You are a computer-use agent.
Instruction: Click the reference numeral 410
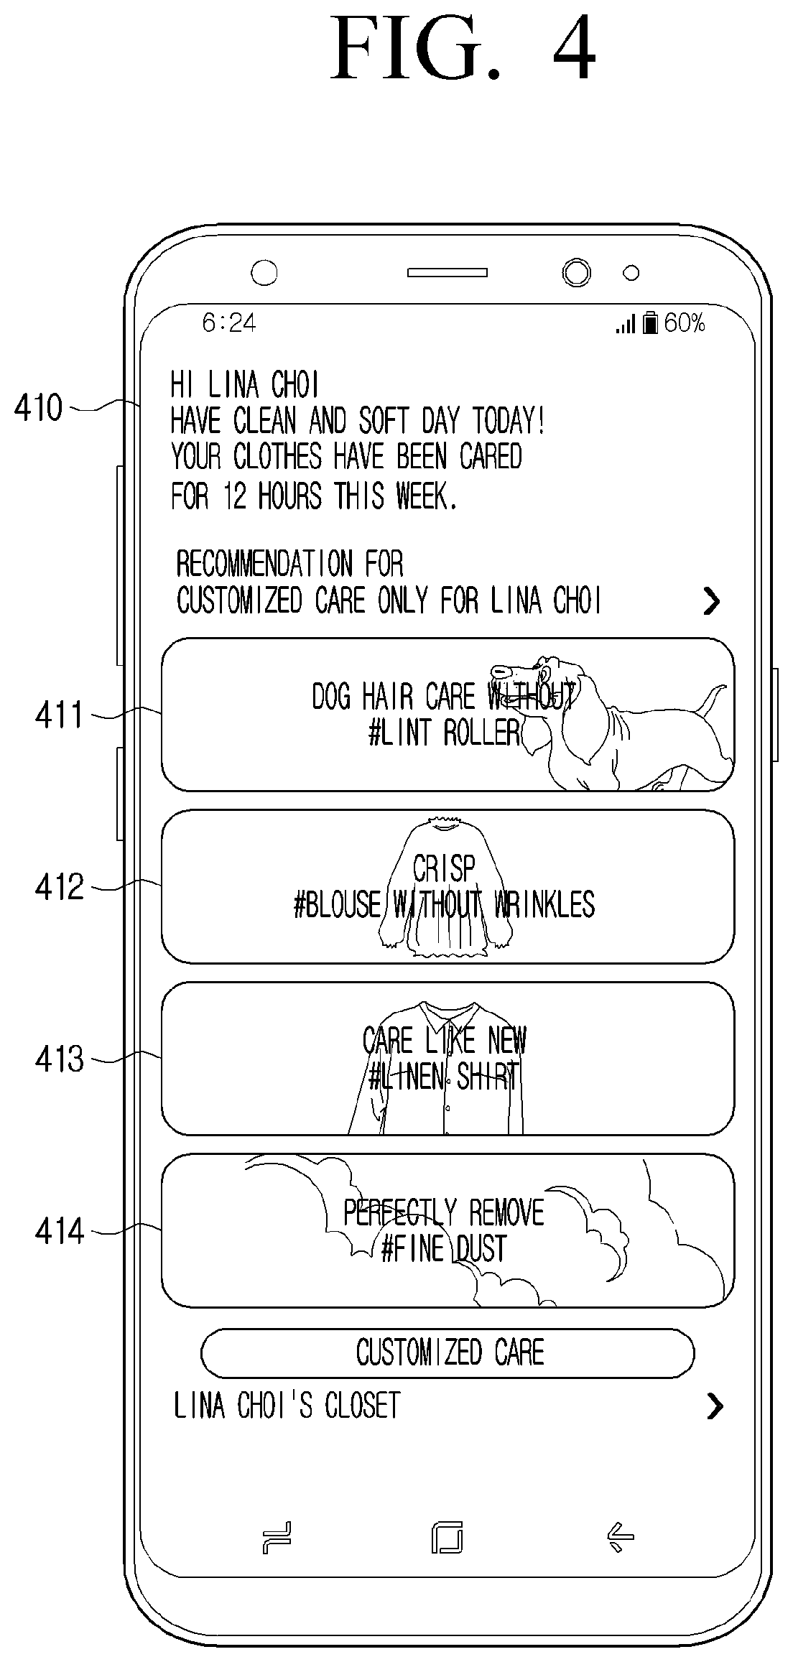[x=39, y=409]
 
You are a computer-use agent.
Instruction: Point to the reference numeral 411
[x=60, y=715]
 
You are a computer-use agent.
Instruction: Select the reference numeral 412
[x=60, y=888]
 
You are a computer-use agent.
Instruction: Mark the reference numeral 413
[x=60, y=1059]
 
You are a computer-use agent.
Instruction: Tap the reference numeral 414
[x=60, y=1232]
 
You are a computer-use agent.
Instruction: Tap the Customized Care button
[x=447, y=1353]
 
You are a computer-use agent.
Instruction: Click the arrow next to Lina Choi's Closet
[x=715, y=1406]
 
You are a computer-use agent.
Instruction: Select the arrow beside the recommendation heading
[x=711, y=601]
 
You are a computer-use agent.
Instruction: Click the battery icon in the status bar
[x=651, y=322]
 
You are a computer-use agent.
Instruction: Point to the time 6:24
[x=229, y=323]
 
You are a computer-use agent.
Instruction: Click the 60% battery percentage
[x=685, y=322]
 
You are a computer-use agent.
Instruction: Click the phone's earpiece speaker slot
[x=447, y=273]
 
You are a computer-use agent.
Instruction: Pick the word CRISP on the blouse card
[x=444, y=869]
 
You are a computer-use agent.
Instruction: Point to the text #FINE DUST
[x=444, y=1249]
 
